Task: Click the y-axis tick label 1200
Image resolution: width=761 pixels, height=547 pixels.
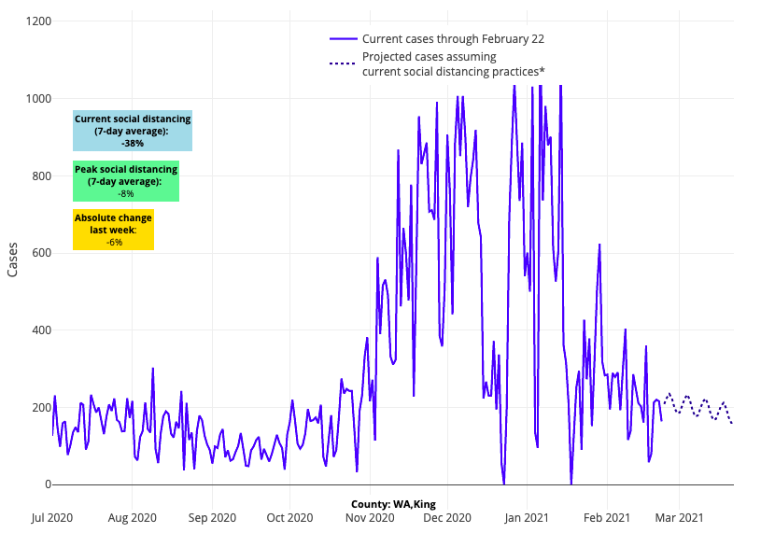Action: (38, 21)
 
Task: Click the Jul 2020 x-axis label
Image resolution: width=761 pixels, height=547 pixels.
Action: (52, 516)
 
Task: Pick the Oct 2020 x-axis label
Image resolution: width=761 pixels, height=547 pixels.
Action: (289, 516)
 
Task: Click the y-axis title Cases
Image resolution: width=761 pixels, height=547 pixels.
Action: (13, 259)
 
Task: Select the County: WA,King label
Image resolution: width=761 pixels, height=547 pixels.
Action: (393, 504)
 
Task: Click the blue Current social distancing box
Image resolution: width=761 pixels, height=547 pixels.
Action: (133, 131)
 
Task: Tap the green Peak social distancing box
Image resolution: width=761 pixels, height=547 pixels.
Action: (126, 181)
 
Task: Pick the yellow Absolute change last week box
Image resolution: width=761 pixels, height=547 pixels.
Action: (113, 230)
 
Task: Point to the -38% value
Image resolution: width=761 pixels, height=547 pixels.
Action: (133, 144)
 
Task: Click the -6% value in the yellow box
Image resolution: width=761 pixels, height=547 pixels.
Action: (114, 242)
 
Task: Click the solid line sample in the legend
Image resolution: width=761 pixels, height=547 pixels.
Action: (343, 39)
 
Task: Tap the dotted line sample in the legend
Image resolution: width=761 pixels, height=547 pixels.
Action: (343, 63)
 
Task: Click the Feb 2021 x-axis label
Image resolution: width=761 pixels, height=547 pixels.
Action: (607, 516)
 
